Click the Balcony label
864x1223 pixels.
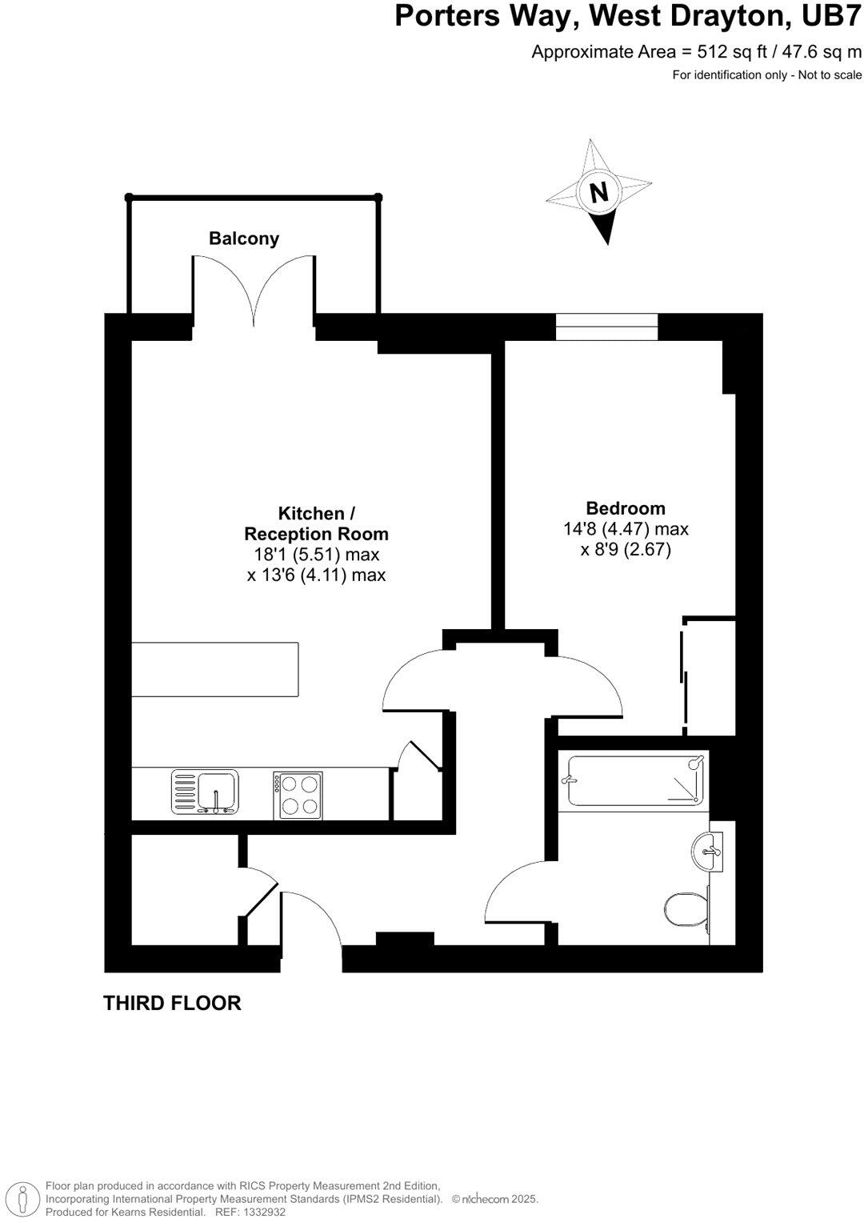244,239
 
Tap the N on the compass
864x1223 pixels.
598,192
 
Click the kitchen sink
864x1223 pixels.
205,792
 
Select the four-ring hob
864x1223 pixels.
298,795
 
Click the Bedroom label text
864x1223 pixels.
626,508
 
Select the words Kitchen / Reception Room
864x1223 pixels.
317,523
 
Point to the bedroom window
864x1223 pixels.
607,327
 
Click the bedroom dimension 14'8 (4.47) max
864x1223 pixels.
626,529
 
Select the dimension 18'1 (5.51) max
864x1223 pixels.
317,555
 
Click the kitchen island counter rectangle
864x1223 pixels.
215,669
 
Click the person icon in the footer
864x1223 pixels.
22,1197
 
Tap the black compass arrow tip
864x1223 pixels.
606,243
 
